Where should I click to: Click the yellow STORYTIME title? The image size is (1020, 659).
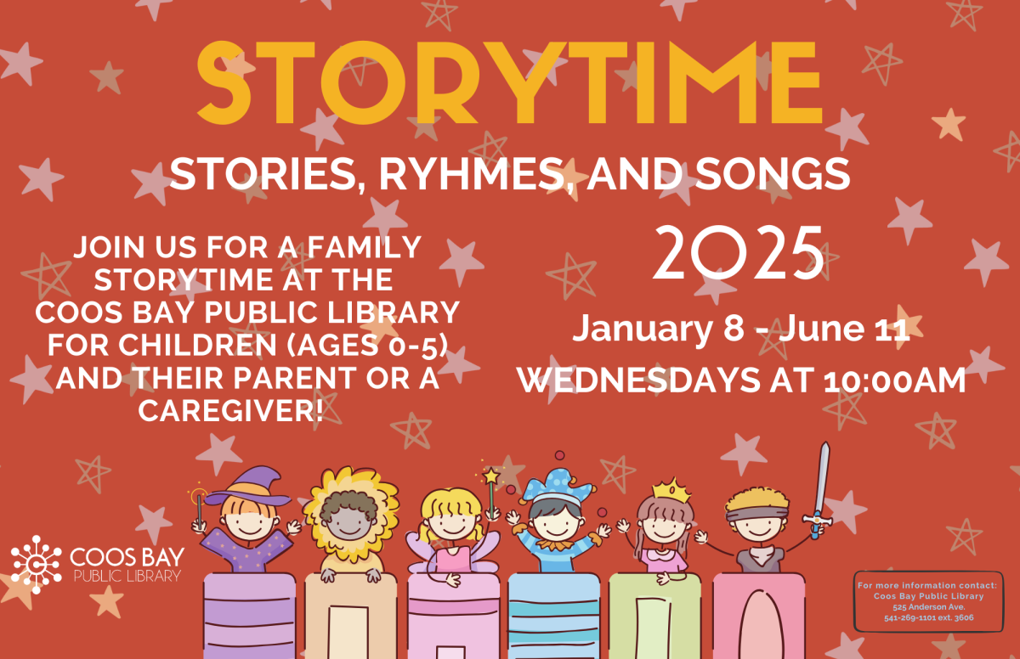[x=509, y=82]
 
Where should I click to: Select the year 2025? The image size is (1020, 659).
[x=739, y=253]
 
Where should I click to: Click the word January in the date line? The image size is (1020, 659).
[x=643, y=329]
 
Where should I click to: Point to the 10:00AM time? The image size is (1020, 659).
[x=895, y=380]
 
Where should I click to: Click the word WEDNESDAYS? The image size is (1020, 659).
[x=638, y=380]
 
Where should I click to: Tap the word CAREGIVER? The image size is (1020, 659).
[x=231, y=411]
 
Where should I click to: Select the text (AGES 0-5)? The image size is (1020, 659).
[x=367, y=345]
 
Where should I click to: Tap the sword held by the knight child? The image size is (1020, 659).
[x=820, y=489]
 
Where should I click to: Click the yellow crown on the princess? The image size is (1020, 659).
[x=671, y=489]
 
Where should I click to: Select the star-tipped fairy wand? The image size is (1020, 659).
[x=491, y=493]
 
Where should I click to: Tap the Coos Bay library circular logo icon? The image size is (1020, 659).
[x=36, y=565]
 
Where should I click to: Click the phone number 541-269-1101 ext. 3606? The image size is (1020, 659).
[x=929, y=617]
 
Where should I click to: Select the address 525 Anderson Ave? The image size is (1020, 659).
[x=929, y=606]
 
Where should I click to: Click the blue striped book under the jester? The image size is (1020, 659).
[x=553, y=617]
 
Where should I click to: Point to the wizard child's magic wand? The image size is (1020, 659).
[x=199, y=510]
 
